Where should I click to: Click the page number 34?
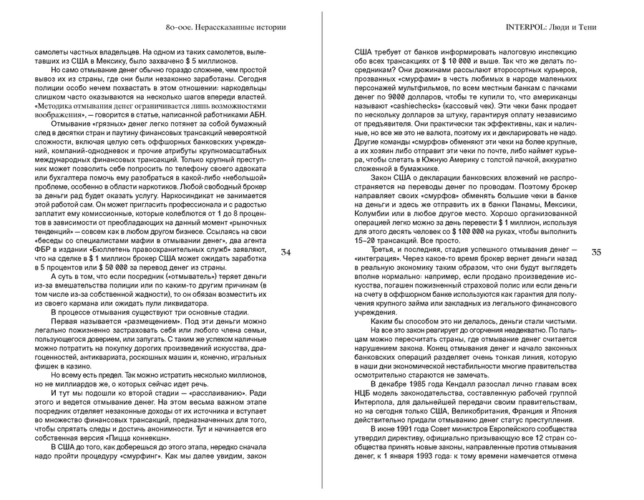[x=286, y=252]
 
